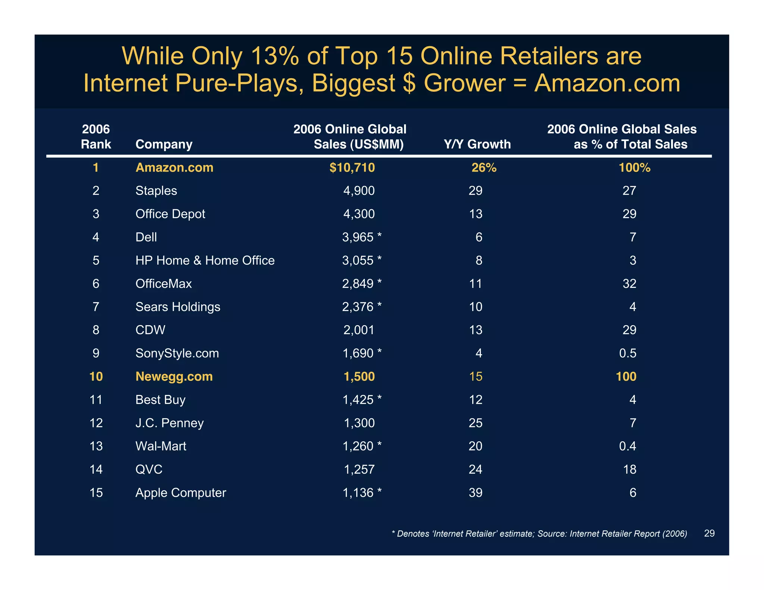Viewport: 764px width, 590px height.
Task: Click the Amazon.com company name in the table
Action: point(174,167)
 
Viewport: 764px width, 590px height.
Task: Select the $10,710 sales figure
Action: point(352,167)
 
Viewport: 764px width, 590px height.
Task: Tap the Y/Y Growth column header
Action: point(477,144)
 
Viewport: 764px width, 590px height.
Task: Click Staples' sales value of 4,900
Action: point(358,191)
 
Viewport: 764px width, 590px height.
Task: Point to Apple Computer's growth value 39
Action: point(475,493)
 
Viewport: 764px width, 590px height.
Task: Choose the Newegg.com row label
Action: point(174,376)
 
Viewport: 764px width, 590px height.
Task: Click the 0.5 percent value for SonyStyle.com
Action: point(627,353)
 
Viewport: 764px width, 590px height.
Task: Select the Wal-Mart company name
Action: point(161,446)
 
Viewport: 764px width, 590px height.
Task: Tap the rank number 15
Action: point(96,493)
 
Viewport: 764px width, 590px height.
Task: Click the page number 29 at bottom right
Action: point(709,533)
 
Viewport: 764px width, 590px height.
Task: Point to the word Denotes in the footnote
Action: point(413,534)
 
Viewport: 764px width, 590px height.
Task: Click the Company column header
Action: point(164,144)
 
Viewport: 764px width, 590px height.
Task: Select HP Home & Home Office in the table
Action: point(205,260)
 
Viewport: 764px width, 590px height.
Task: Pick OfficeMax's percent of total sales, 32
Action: point(629,284)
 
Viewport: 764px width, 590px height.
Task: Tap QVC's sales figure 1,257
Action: point(359,469)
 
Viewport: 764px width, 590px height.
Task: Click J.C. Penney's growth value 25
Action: point(475,423)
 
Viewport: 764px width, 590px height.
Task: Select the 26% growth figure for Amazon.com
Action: point(484,168)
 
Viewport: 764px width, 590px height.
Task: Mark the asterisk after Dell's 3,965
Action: point(379,236)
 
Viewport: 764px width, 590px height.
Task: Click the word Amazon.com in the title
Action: point(607,83)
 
